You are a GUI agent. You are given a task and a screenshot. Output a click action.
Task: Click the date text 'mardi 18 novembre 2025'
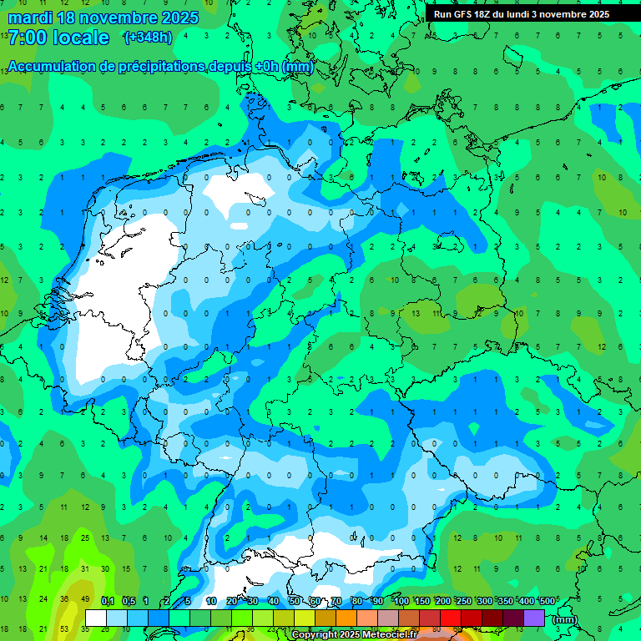(103, 18)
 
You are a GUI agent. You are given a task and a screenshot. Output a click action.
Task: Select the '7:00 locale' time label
(58, 38)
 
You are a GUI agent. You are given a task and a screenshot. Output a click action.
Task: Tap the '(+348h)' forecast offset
(148, 37)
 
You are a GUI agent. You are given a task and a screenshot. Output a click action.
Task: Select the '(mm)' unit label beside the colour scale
(564, 619)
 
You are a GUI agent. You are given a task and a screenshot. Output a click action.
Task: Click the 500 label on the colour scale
(548, 601)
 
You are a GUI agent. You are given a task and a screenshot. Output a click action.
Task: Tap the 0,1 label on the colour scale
(108, 601)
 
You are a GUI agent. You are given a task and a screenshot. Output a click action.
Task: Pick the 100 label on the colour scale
(401, 601)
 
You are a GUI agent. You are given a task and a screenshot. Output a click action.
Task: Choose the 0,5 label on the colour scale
(129, 601)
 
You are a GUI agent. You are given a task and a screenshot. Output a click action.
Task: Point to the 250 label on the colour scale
(464, 601)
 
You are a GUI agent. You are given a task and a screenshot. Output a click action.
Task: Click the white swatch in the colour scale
(96, 618)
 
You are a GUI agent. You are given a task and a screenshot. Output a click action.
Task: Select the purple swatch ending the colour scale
(535, 618)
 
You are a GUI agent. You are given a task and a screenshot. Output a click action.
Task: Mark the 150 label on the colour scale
(422, 601)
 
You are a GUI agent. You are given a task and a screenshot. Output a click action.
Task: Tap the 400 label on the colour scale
(527, 601)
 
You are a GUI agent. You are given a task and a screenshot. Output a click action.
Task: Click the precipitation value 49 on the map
(85, 598)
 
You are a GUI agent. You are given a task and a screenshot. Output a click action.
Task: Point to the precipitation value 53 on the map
(65, 628)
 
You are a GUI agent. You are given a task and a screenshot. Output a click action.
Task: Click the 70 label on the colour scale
(336, 601)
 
